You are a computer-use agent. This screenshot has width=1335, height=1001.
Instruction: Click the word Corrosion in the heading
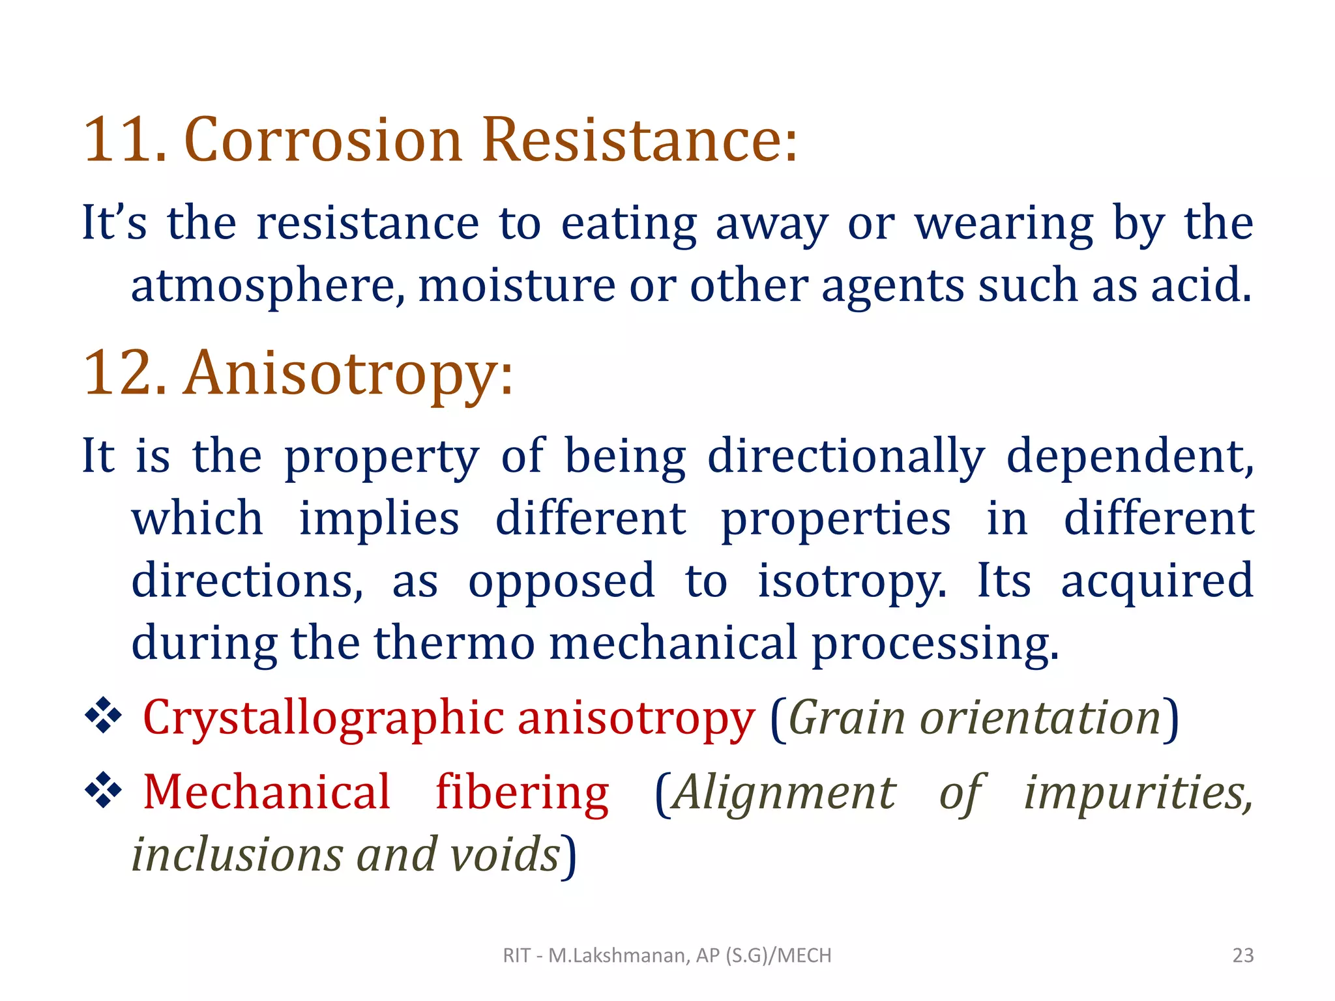(x=323, y=139)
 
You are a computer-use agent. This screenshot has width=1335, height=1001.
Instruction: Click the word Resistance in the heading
(x=639, y=139)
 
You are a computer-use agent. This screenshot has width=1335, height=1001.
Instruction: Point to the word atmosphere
(x=267, y=285)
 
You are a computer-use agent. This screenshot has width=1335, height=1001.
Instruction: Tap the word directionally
(x=846, y=456)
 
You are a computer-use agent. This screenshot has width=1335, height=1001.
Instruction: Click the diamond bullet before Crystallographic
(x=104, y=716)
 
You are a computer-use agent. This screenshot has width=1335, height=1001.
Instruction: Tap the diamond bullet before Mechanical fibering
(x=104, y=791)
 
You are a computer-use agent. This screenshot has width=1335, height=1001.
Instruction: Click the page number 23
(x=1243, y=955)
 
